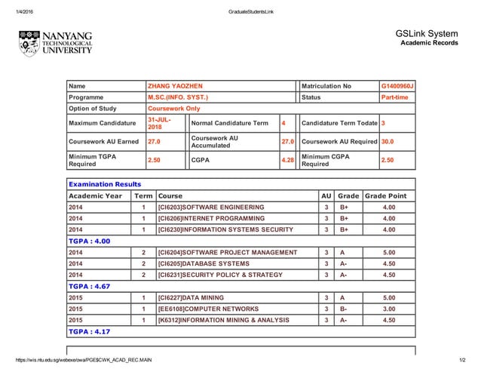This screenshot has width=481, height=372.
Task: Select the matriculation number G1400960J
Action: [397, 86]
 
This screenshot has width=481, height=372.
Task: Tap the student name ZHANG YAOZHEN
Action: [175, 86]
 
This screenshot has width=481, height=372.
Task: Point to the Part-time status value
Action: [395, 97]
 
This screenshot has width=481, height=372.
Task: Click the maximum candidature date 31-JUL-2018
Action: [159, 123]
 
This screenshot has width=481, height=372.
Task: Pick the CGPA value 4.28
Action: [286, 160]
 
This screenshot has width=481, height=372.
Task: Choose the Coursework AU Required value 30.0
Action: [387, 141]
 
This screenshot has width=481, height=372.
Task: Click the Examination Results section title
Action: [105, 184]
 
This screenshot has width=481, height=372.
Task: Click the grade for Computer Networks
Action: [343, 309]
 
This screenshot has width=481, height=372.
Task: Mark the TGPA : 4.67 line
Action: [90, 286]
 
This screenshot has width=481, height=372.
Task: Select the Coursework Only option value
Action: [173, 109]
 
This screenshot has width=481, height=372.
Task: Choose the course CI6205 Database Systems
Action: [204, 263]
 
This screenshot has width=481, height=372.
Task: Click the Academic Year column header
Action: [95, 195]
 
